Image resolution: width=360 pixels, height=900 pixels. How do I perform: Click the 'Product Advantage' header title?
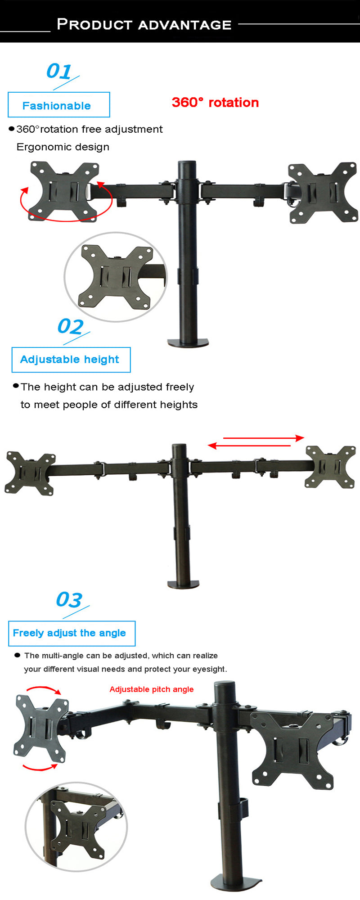point(144,24)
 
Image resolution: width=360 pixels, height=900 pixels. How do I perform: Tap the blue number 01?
point(59,71)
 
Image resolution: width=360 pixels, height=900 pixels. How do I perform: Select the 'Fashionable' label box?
point(58,105)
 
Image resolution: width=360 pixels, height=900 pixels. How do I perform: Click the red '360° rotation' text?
point(215,103)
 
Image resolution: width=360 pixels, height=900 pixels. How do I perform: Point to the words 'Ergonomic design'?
point(63,147)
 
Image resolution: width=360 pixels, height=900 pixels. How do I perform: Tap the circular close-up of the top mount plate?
point(116,277)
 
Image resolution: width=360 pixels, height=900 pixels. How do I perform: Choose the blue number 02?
point(71,327)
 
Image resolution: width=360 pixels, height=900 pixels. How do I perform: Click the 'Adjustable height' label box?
point(71,360)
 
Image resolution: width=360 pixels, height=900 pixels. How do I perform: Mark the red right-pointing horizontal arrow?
point(264,437)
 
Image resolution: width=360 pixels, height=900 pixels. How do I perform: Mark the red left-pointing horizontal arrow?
point(249,445)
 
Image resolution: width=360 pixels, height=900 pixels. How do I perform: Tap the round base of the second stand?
point(183,584)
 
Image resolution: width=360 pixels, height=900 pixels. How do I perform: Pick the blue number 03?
point(69,600)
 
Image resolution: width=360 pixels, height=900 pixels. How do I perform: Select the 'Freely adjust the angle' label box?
point(72,633)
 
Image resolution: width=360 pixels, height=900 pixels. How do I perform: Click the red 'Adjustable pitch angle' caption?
point(152,689)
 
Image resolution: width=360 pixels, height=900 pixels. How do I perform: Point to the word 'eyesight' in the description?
point(209,669)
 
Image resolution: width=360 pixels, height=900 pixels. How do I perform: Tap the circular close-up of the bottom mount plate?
point(76,827)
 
